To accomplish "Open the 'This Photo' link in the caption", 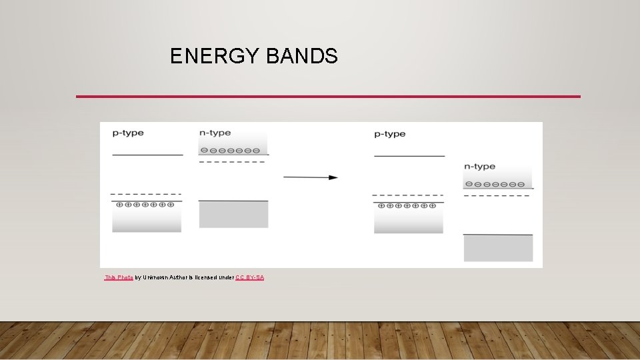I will coord(119,277).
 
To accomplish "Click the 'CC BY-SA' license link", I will coord(249,277).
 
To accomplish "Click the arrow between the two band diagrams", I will coord(311,177).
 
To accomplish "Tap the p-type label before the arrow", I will coord(128,133).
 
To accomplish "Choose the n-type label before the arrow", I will coord(215,133).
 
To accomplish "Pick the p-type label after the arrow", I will coord(390,134).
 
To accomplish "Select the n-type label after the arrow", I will coord(480,166).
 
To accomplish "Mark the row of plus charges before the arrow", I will coord(146,205).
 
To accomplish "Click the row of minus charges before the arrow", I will coord(230,150).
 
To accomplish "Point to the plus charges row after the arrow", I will coord(407,206).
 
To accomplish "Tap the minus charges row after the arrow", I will coord(495,183).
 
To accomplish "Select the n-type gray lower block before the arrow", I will coord(233,215).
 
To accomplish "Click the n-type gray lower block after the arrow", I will coord(498,248).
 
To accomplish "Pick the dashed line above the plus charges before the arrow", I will coord(146,193).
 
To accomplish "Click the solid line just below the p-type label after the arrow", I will coord(409,156).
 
